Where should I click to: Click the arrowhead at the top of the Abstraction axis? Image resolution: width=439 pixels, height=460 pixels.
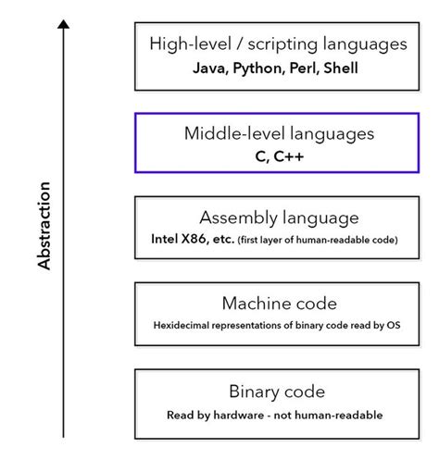[63, 25]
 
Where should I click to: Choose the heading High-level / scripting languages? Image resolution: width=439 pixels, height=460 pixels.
[278, 44]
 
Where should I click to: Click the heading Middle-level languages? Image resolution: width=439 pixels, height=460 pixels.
[278, 133]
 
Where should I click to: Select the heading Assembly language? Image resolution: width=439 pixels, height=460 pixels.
[278, 218]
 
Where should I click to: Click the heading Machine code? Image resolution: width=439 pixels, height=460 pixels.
[278, 304]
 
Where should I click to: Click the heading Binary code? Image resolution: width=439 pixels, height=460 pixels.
[278, 391]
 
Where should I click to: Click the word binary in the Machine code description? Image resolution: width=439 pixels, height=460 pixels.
[307, 325]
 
